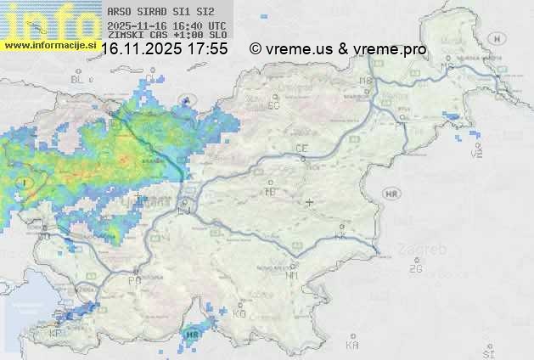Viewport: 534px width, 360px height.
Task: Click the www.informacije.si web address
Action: [50, 46]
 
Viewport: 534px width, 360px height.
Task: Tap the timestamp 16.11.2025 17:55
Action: [164, 49]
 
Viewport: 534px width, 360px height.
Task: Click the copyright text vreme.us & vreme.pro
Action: [338, 49]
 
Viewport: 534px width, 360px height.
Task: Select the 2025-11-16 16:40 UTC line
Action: [167, 25]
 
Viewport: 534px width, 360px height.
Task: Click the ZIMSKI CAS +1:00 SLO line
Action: [167, 36]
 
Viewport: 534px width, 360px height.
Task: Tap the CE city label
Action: [301, 149]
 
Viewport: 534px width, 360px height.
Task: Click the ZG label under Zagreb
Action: [415, 269]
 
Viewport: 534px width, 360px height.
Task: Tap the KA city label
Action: [352, 346]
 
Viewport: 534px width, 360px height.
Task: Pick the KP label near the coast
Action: [56, 334]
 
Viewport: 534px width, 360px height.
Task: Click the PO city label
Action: [134, 280]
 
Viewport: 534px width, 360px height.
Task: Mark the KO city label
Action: [239, 313]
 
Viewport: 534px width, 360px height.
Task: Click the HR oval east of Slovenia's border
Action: [391, 194]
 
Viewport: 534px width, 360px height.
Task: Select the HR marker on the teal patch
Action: [193, 335]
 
